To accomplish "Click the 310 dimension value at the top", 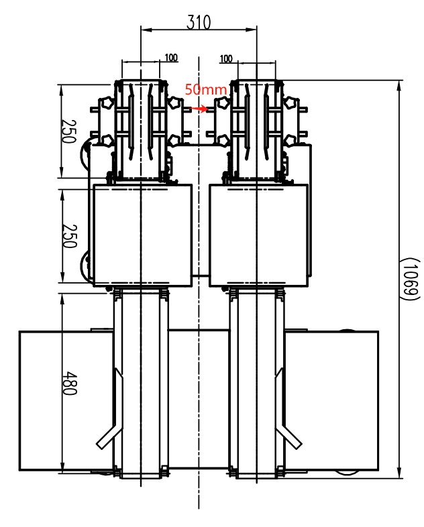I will click(198, 22).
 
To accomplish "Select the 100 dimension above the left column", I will click(170, 58).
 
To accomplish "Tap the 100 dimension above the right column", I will click(226, 59).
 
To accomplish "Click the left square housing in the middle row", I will click(142, 235).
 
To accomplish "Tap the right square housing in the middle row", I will click(258, 235).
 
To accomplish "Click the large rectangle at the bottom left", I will click(65, 400).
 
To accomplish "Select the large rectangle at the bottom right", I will click(332, 400).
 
